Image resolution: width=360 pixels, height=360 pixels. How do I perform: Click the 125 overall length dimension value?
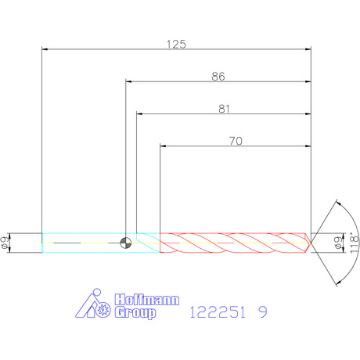[176, 44]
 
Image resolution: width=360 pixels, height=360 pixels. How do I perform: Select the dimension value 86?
[218, 77]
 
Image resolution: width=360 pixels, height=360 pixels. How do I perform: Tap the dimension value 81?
[224, 109]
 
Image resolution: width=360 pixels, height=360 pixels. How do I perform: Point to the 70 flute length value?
[236, 141]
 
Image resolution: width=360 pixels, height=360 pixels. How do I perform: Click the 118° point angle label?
[354, 243]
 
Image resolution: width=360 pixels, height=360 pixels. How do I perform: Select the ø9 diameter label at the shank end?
[5, 243]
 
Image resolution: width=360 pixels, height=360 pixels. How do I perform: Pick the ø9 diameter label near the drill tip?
[338, 243]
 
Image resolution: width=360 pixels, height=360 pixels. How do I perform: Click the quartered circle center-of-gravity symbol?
[126, 243]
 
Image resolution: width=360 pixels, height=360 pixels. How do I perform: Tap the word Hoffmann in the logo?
[147, 300]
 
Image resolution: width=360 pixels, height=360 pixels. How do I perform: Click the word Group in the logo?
[135, 312]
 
